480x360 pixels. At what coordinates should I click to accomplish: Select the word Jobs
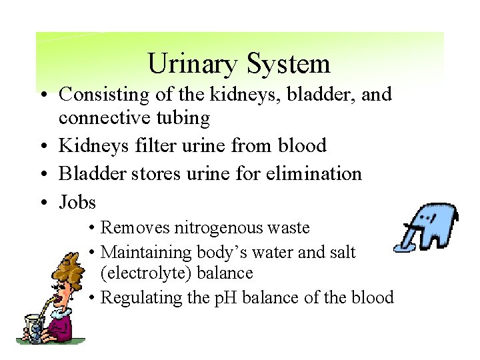(77, 202)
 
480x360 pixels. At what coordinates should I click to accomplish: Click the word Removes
(135, 228)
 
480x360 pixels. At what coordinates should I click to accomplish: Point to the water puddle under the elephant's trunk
(405, 249)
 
